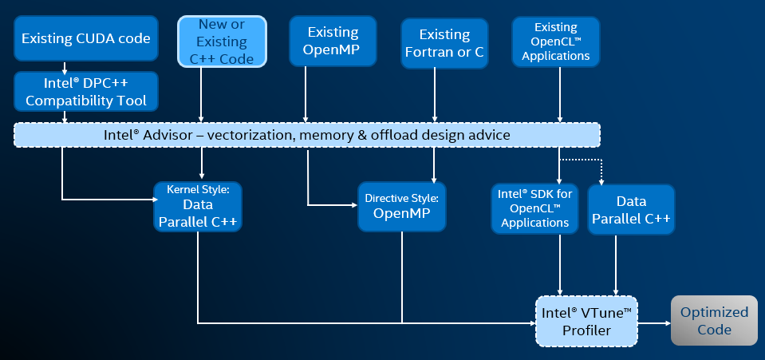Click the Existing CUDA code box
(x=86, y=38)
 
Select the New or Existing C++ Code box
(x=222, y=42)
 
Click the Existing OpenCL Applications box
(x=555, y=42)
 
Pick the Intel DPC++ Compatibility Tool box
(x=86, y=92)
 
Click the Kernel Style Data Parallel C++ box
(x=197, y=207)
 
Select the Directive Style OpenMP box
(x=401, y=207)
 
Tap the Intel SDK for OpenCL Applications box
(x=534, y=207)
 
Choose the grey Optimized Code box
(x=714, y=320)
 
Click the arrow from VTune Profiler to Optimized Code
(x=654, y=323)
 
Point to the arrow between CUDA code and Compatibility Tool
(x=65, y=67)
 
